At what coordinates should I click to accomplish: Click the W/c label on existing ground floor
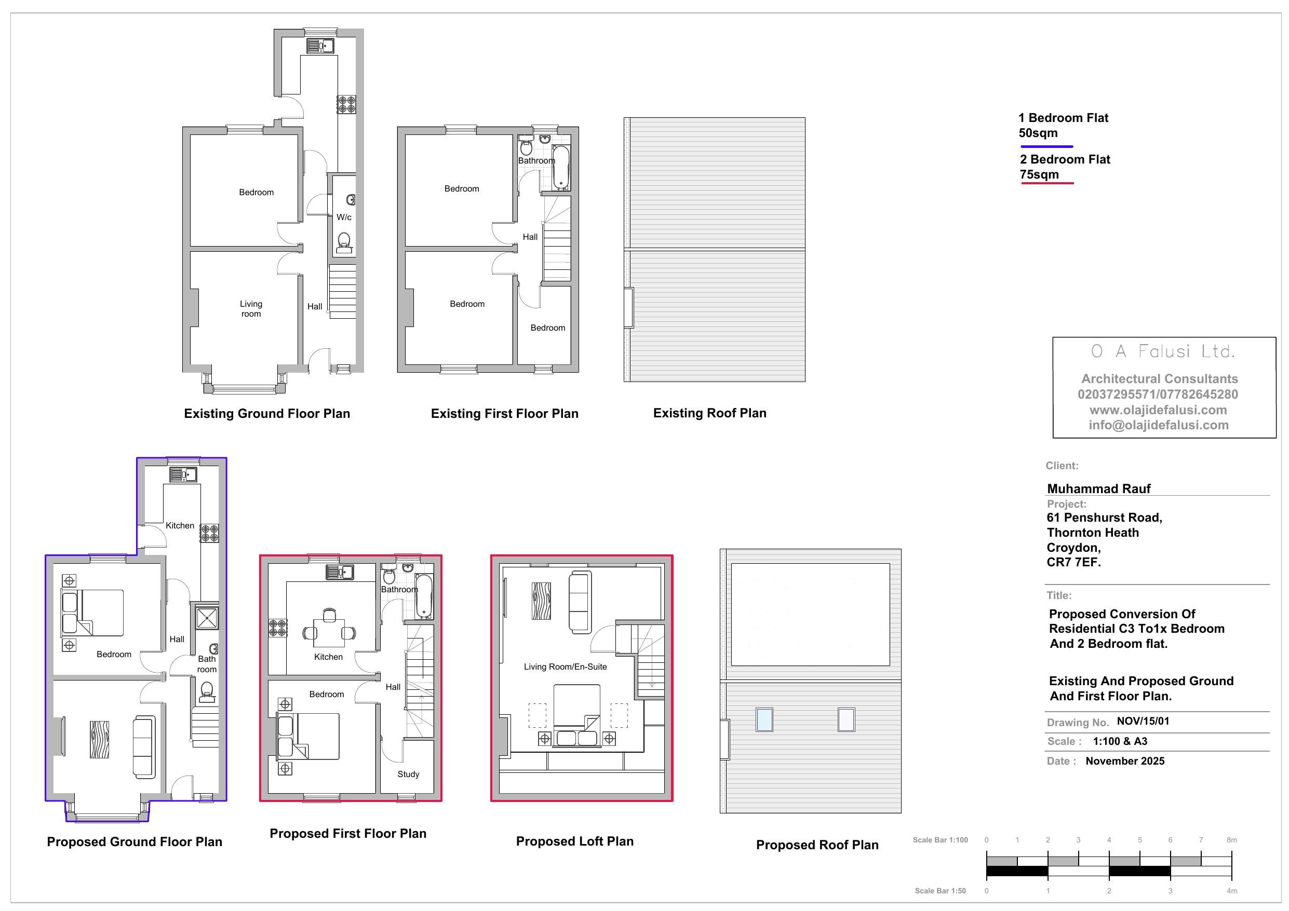344,217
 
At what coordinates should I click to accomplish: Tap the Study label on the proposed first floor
408,774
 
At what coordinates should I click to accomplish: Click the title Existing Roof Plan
709,413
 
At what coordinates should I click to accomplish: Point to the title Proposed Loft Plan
575,841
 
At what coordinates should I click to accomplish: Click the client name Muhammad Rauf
1099,489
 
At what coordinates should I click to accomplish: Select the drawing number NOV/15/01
1143,722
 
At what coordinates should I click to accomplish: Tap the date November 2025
1125,761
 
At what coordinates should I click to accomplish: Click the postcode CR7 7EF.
1074,562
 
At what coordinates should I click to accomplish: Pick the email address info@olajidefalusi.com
1159,425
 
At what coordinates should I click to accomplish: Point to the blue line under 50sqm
1047,146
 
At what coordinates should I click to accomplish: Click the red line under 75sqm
1047,183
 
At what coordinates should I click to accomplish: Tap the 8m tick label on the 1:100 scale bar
1232,840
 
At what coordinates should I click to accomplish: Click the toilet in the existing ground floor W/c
344,243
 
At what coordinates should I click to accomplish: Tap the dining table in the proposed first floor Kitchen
329,633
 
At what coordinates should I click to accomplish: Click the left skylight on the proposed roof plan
764,720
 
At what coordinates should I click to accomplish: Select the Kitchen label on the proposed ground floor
180,526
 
